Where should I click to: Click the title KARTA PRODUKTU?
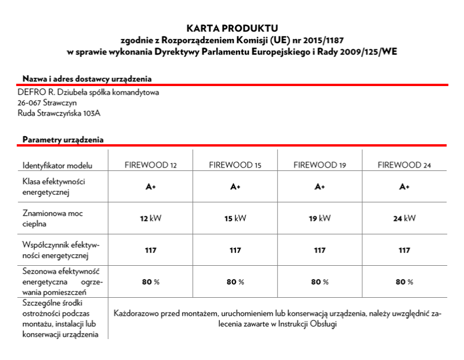[x=232, y=27]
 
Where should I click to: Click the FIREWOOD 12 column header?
[x=151, y=165]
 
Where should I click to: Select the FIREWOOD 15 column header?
[x=235, y=165]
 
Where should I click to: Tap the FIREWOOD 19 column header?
[x=319, y=165]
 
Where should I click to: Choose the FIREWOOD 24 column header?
[x=404, y=165]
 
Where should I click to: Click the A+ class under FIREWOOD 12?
[x=151, y=187]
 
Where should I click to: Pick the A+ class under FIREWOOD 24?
[x=404, y=187]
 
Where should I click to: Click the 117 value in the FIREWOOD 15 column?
[x=235, y=251]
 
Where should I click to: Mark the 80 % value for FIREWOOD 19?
[x=319, y=282]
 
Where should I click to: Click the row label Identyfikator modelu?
[x=58, y=165]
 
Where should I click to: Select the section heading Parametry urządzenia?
[x=63, y=140]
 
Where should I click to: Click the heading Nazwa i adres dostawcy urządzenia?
[x=87, y=79]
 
